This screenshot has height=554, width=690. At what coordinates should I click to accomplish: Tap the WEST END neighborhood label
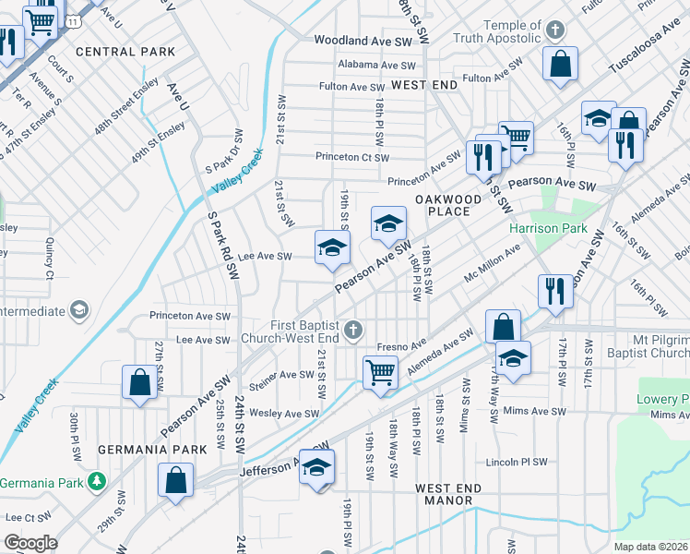[424, 85]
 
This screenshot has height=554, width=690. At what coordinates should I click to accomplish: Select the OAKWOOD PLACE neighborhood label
[448, 205]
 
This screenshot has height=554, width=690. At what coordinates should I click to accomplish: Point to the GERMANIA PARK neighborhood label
[139, 450]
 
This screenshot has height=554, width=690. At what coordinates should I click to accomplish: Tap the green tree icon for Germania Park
[96, 482]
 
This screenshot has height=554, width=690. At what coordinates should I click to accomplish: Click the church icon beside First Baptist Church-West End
[352, 330]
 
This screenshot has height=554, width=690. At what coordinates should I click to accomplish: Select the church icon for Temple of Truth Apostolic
[554, 30]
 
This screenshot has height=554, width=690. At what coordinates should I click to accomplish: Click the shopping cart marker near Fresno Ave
[381, 373]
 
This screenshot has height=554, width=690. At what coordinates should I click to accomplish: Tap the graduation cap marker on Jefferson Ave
[316, 468]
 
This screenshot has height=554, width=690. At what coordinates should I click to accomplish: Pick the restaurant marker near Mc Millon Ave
[554, 288]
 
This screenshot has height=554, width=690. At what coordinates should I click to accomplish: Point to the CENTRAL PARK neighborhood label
[125, 53]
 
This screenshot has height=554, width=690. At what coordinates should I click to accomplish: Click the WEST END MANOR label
[444, 494]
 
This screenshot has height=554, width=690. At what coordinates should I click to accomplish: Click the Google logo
[30, 543]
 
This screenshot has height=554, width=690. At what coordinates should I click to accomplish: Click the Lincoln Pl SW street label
[517, 462]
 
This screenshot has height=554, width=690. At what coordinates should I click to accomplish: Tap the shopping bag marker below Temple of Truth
[560, 65]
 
